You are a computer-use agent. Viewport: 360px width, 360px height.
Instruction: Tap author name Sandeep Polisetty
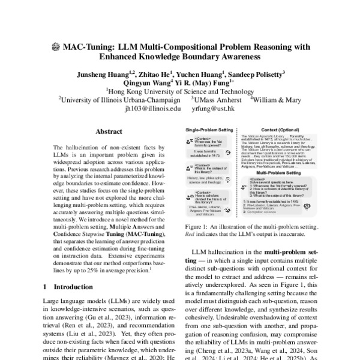tap(257, 74)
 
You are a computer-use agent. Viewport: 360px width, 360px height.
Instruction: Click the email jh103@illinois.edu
tap(152, 110)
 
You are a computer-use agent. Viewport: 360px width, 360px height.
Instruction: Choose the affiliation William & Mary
tap(276, 101)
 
